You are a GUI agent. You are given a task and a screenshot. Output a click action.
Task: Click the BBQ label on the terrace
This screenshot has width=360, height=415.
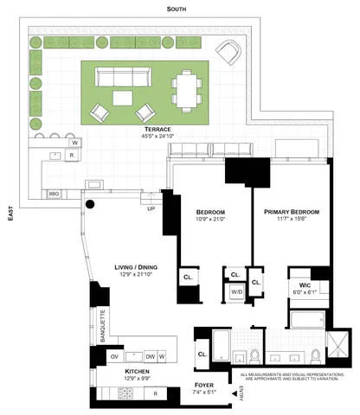[54, 195]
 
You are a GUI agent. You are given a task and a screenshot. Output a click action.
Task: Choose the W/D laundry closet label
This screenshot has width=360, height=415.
[235, 291]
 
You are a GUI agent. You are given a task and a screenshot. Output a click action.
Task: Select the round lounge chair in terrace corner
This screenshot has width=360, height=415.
[230, 52]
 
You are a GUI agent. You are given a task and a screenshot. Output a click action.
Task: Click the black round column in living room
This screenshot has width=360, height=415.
[88, 205]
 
